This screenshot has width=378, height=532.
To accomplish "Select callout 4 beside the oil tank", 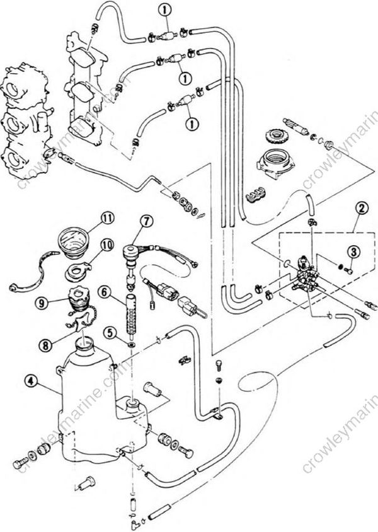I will tap(29, 381).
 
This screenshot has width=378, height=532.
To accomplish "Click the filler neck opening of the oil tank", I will tap(84, 344).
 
